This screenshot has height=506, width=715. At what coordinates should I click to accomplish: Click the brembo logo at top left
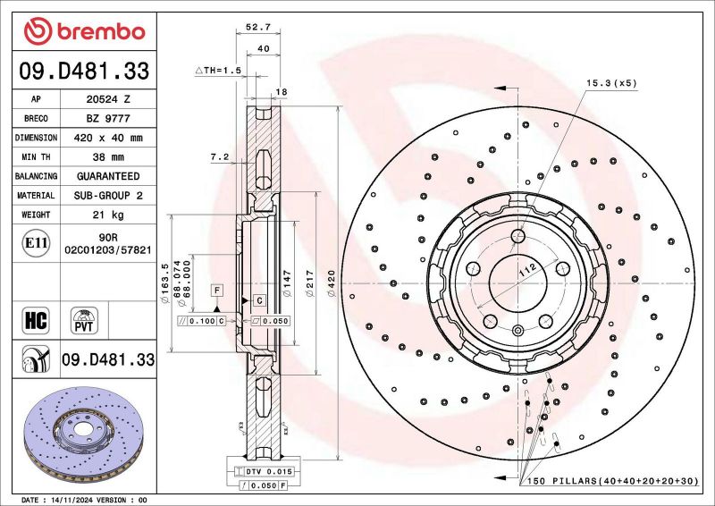coord(85,32)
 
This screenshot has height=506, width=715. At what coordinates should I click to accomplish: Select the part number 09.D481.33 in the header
coord(85,71)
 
